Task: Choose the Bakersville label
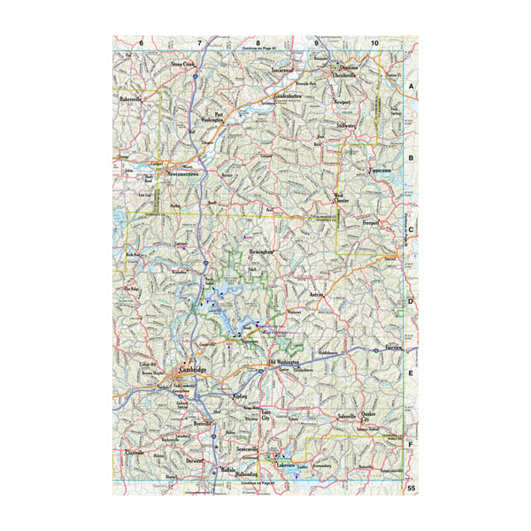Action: [131, 102]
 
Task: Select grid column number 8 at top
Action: [258, 42]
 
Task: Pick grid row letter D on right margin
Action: [412, 301]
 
